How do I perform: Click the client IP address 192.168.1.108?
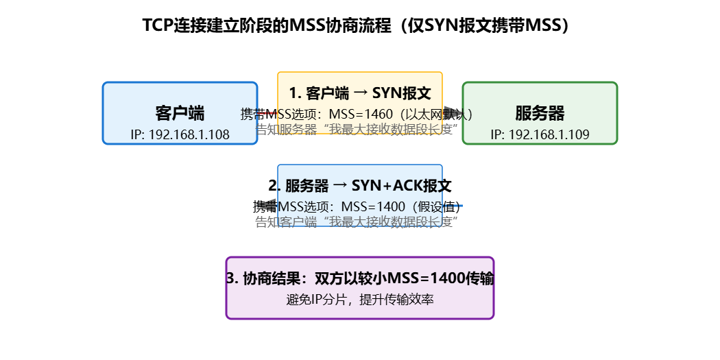pyautogui.click(x=180, y=134)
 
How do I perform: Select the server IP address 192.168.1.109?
pyautogui.click(x=540, y=134)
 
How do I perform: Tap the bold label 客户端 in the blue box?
pyautogui.click(x=180, y=113)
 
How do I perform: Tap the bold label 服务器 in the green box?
pyautogui.click(x=540, y=113)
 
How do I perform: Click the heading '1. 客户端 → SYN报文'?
pyautogui.click(x=360, y=93)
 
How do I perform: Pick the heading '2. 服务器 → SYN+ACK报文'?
pyautogui.click(x=360, y=186)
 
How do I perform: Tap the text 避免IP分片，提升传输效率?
pyautogui.click(x=360, y=300)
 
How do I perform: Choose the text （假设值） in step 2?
pyautogui.click(x=436, y=206)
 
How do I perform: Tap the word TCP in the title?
pyautogui.click(x=157, y=25)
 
